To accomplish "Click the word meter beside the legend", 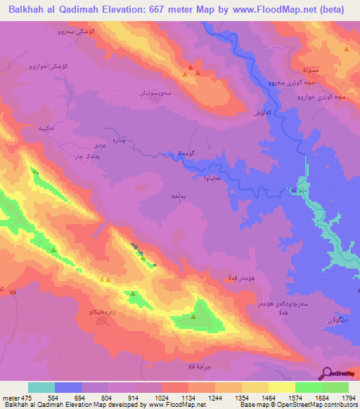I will [x=10, y=398].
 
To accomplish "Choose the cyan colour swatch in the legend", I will [x=41, y=387].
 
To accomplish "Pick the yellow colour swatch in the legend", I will [x=282, y=387].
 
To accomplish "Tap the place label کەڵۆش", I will [x=262, y=112].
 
